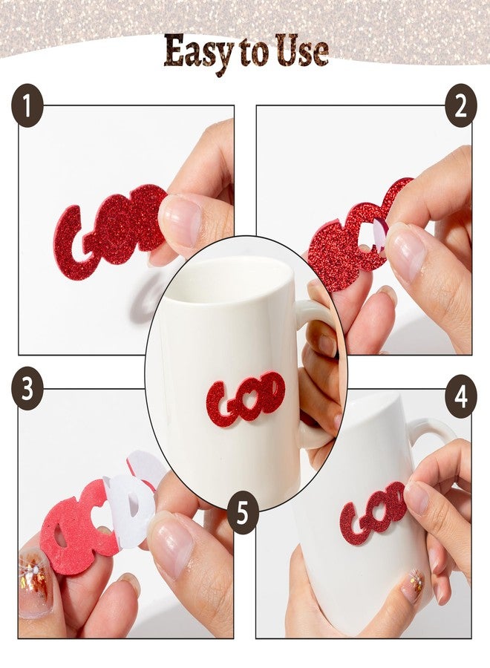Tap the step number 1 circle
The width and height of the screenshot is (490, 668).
(27, 105)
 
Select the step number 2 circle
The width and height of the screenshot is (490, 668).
(461, 105)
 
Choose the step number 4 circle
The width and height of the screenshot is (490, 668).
(461, 396)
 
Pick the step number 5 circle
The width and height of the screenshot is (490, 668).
(243, 512)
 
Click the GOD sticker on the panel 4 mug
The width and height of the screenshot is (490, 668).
(372, 512)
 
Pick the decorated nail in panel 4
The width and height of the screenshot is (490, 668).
(412, 585)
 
